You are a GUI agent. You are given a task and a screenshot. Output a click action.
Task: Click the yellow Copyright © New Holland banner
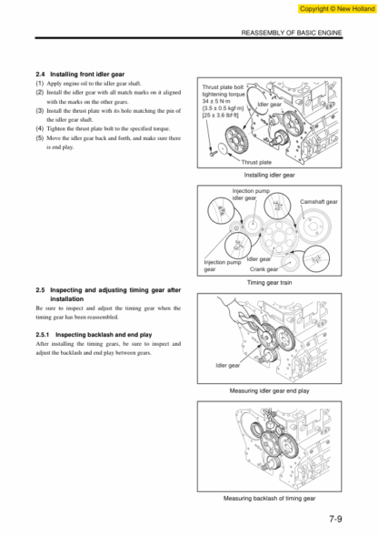coord(337,9)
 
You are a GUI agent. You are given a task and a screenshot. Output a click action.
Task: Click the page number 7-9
coord(335,519)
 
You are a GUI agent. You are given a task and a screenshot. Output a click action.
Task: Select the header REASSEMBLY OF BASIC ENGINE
coord(292,33)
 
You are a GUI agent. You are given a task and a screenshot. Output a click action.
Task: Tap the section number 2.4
coord(40,75)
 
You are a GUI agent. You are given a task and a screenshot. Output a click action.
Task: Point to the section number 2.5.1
coord(43,335)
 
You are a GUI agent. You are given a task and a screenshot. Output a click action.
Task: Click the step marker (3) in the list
coord(40,111)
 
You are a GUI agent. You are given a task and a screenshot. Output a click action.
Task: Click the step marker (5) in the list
coord(40,138)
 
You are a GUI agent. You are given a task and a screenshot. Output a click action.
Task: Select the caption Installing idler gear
coord(269,175)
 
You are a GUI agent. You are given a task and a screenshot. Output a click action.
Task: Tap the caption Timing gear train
coord(269,283)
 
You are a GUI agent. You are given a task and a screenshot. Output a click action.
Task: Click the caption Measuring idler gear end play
coord(269,390)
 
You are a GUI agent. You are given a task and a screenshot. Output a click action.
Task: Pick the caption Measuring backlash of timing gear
coord(269,499)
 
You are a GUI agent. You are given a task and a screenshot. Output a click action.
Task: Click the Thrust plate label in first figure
coord(256,162)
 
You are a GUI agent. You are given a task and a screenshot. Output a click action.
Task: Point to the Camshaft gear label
coord(319,202)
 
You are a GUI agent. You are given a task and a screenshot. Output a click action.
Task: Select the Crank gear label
coord(264,269)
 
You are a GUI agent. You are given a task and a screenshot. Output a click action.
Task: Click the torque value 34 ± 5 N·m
coord(216,101)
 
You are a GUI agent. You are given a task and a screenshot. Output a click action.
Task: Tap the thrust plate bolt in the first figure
coord(213,154)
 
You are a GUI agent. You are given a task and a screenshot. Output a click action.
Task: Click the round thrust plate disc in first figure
coord(223,148)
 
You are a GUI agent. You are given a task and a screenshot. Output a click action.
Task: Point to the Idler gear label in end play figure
coord(228,366)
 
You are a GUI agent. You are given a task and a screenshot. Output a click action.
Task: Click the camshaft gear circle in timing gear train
coord(313,227)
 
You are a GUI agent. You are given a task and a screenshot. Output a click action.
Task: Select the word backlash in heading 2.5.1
coord(101,335)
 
